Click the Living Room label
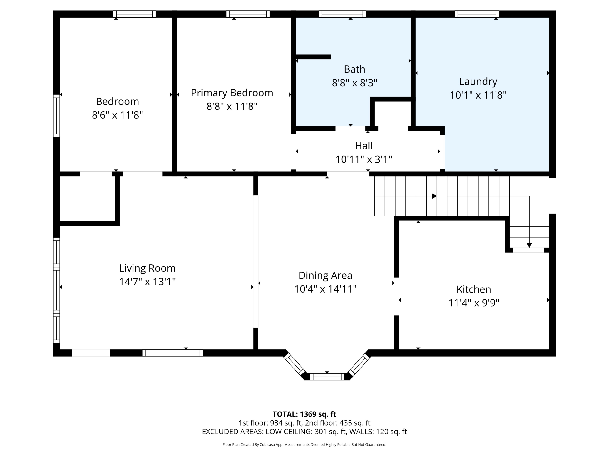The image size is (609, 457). coord(147,268)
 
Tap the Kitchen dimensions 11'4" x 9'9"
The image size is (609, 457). coord(474,303)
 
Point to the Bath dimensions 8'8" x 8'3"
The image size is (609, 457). coord(355,83)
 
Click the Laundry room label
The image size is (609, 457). coord(478,82)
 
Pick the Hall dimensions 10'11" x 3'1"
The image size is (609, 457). coord(364,159)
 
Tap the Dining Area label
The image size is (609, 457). coord(325,275)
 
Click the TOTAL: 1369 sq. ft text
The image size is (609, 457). coord(304,414)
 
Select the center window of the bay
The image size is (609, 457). coord(327,377)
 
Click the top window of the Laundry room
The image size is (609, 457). coord(477,14)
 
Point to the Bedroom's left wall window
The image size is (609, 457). coord(56,116)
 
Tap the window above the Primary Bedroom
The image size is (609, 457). coord(248,14)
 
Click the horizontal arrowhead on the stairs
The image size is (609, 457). coord(434,196)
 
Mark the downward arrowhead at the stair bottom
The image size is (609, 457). coord(529,245)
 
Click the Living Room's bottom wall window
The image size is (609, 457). coord(173,353)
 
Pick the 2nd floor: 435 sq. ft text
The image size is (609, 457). coord(338,423)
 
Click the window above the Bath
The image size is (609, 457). coord(342,14)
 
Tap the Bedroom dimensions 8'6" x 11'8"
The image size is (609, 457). coord(118,115)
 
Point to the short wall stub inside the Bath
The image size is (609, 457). coord(313,57)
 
